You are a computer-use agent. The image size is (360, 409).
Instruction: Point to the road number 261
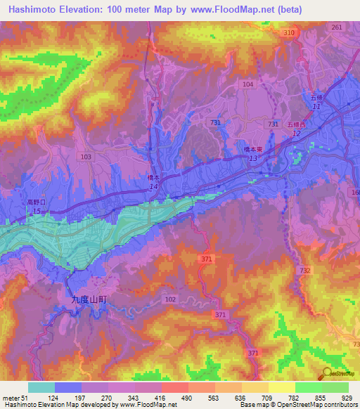(337, 27)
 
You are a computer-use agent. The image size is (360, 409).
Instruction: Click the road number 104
(247, 84)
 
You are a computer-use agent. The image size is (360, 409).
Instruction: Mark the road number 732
(304, 270)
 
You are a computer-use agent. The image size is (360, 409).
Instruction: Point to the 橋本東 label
(253, 150)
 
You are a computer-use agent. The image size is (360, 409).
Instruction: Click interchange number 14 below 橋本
(153, 188)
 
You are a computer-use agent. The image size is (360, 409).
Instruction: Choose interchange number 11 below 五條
(316, 106)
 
